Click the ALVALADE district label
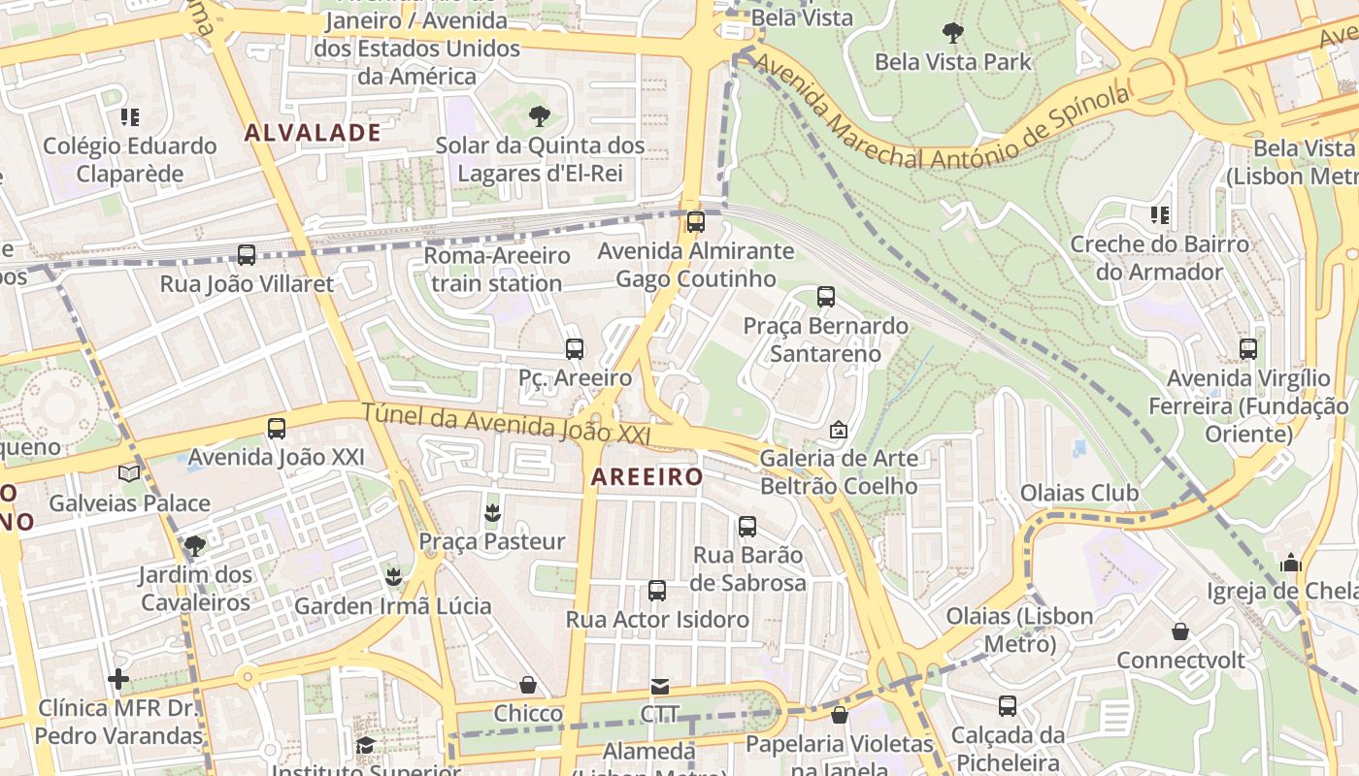[x=313, y=133]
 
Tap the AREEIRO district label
[x=646, y=476]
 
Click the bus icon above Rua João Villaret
[x=247, y=255]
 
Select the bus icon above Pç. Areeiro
[x=575, y=349]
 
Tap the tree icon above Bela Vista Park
[x=953, y=33]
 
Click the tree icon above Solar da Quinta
[x=540, y=117]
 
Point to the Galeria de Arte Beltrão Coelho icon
[x=839, y=429]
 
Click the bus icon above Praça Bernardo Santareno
[x=826, y=297]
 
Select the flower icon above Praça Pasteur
[x=493, y=512]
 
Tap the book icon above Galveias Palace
[x=129, y=474]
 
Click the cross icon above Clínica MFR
[x=119, y=679]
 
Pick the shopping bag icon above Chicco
[x=528, y=686]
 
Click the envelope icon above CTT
[x=660, y=687]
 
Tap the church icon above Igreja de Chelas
[x=1290, y=563]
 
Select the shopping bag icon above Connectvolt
[x=1180, y=632]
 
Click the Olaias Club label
[x=1078, y=493]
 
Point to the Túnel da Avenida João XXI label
[x=506, y=425]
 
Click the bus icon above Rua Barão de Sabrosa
[x=747, y=527]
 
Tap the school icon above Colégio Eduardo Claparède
[x=130, y=117]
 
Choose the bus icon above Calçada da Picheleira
[x=1008, y=706]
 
